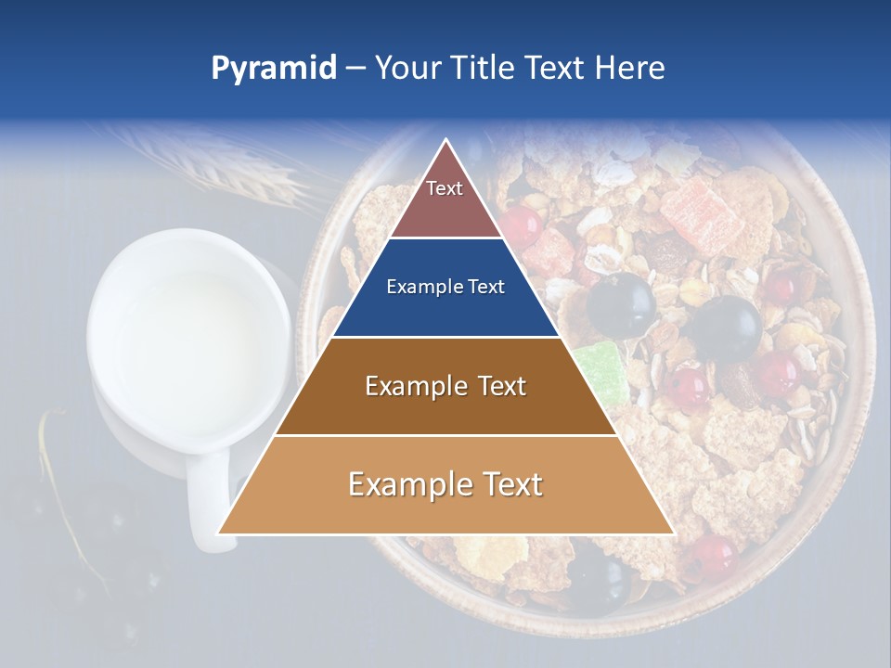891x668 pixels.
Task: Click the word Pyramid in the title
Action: (x=274, y=69)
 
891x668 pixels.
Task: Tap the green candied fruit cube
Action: (x=599, y=371)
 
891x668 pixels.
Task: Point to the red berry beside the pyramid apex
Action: (x=523, y=225)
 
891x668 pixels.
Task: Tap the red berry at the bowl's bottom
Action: (x=713, y=555)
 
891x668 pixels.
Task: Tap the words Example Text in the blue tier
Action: (x=445, y=288)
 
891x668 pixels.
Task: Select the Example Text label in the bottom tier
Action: (x=445, y=484)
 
